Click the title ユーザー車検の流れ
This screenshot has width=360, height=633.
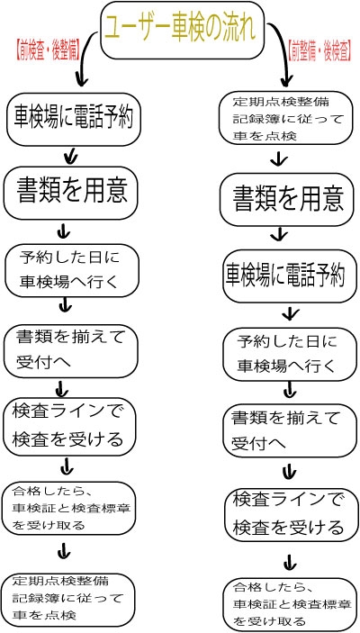pos(180,31)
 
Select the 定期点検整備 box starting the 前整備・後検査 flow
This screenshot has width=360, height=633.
pos(285,118)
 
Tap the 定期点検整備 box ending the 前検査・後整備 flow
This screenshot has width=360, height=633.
pos(68,600)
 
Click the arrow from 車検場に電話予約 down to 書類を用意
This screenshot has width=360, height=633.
pos(71,156)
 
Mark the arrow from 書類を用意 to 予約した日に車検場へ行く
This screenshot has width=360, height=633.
pos(64,231)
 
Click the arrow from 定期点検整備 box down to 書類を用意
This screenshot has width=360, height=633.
pos(279,159)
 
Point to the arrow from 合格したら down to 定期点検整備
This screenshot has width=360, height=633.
pos(64,551)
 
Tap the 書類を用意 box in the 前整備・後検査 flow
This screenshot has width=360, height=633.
pos(287,199)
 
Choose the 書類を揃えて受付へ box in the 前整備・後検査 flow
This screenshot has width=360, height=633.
pos(290,431)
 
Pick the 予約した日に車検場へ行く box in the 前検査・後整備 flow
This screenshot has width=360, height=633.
pos(72,270)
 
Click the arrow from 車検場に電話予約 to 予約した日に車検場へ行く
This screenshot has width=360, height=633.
pos(290,312)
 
